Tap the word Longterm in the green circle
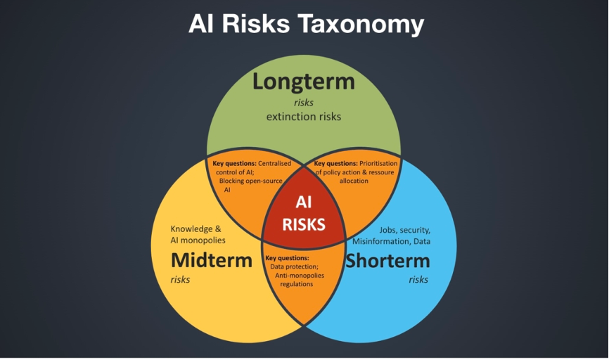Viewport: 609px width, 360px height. point(304,82)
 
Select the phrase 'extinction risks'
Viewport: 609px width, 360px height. point(304,117)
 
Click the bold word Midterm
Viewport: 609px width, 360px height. point(212,260)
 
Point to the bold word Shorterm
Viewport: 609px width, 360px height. point(387,261)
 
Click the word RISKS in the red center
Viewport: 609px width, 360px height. point(304,224)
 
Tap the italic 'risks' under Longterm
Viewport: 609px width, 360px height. point(304,103)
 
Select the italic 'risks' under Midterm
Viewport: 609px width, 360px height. point(180,280)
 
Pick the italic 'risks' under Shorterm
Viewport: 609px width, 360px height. point(418,280)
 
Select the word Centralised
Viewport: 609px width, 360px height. point(274,164)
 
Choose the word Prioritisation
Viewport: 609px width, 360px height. point(378,164)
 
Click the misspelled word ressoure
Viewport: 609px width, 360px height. point(381,172)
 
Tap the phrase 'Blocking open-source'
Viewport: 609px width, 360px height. point(251,181)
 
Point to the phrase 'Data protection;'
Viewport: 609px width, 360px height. point(295,266)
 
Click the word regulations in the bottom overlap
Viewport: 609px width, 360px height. point(297,284)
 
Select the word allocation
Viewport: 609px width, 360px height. point(354,181)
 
